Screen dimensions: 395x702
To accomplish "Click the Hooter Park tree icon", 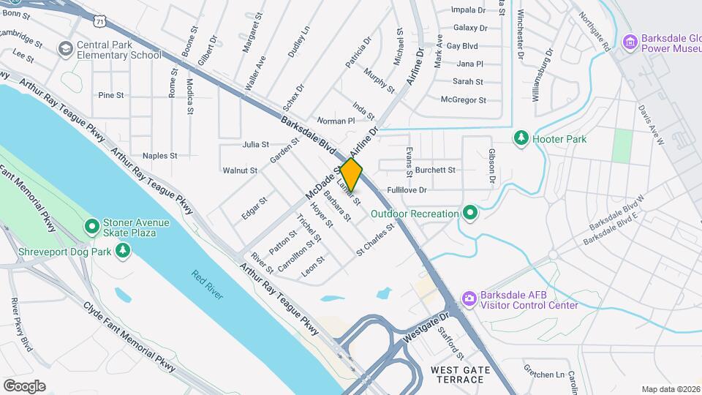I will click(x=521, y=137).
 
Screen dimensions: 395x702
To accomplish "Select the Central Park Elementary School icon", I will click(x=66, y=49).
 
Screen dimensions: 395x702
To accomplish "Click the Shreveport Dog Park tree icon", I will click(x=123, y=252).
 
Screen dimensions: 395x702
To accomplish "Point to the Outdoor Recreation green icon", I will click(x=470, y=214).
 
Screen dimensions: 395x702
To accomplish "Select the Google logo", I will click(x=24, y=385).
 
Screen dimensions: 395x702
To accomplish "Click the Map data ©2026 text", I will click(x=670, y=389).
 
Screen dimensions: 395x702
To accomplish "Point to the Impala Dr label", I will click(x=469, y=10).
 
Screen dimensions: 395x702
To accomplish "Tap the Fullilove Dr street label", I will click(x=427, y=189).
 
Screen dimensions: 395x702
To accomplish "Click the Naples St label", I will click(x=159, y=155).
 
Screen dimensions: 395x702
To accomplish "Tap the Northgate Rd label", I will click(x=594, y=31).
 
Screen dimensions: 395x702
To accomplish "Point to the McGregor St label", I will click(x=464, y=99).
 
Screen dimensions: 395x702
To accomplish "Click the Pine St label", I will click(x=111, y=95).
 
